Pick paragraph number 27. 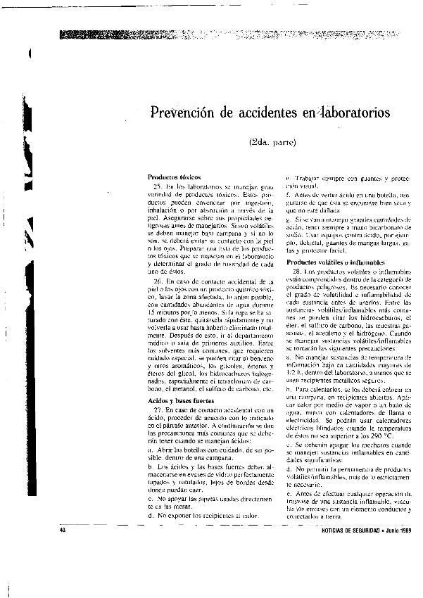(x=158, y=409)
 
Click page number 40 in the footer (x=63, y=530)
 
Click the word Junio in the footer (x=384, y=530)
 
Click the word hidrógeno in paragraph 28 (x=371, y=333)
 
